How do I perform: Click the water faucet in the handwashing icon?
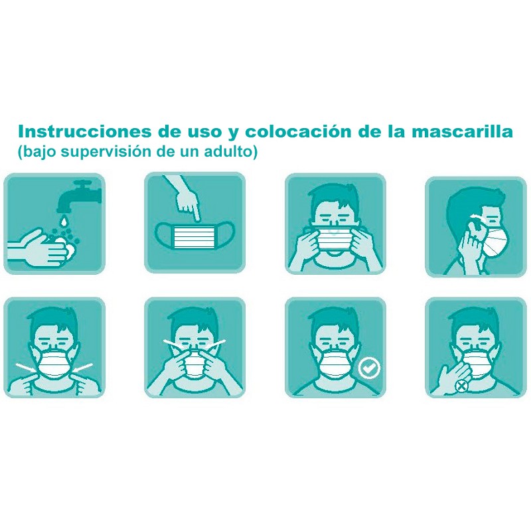coord(80,192)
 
